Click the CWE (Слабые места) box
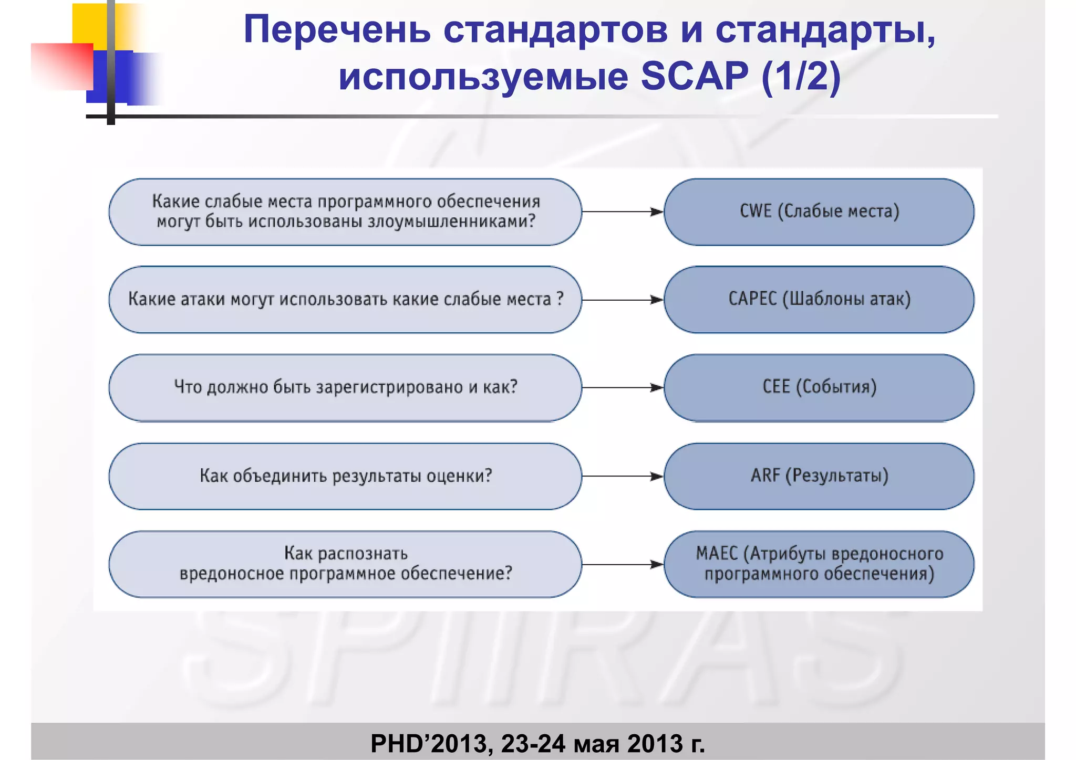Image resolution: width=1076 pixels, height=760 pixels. pyautogui.click(x=819, y=212)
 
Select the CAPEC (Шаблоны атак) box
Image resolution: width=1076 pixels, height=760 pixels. pyautogui.click(x=819, y=299)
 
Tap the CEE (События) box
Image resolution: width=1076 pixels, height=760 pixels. pyautogui.click(x=819, y=387)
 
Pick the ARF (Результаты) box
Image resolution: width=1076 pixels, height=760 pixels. pyautogui.click(x=819, y=476)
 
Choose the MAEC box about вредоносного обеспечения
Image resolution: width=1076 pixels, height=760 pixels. pyautogui.click(x=819, y=564)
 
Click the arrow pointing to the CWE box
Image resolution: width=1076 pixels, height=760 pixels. pyautogui.click(x=623, y=212)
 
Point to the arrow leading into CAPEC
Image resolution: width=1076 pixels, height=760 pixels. pyautogui.click(x=623, y=300)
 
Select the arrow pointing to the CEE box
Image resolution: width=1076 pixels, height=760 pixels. pyautogui.click(x=623, y=387)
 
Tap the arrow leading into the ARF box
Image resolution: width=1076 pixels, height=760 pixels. pyautogui.click(x=623, y=476)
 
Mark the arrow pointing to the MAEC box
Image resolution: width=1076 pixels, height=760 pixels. pyautogui.click(x=623, y=564)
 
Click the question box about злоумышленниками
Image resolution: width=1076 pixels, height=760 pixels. pyautogui.click(x=345, y=212)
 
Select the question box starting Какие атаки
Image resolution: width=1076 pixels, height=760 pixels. pyautogui.click(x=345, y=299)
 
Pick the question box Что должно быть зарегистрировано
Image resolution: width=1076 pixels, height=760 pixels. pyautogui.click(x=345, y=387)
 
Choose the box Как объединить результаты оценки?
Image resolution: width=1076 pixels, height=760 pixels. pyautogui.click(x=345, y=476)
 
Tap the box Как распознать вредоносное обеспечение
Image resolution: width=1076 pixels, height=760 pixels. pyautogui.click(x=345, y=564)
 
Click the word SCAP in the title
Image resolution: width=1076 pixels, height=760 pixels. pyautogui.click(x=695, y=76)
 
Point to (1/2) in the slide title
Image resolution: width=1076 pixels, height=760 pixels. pyautogui.click(x=801, y=76)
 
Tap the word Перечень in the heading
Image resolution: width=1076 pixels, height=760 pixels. pyautogui.click(x=337, y=30)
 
